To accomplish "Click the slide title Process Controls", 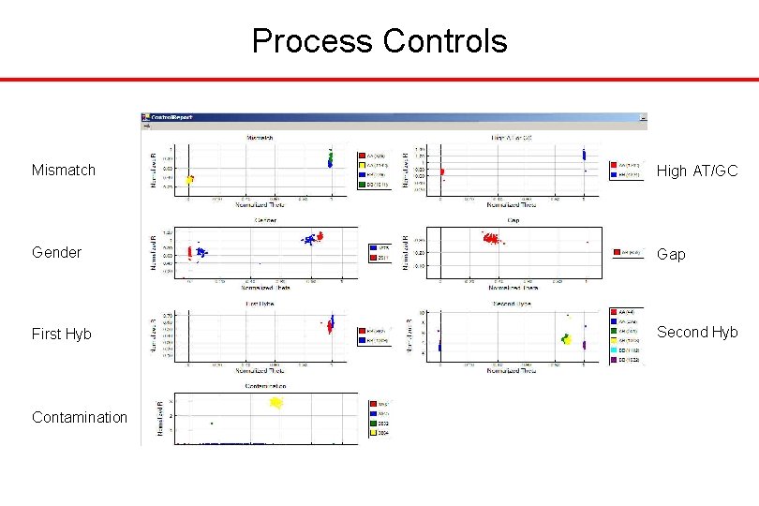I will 379,41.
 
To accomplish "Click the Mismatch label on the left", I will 64,170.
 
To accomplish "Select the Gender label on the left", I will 56,252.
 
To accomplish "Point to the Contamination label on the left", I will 80,417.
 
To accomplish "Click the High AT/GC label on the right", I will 697,170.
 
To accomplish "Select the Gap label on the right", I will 671,254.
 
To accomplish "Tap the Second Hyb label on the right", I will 697,332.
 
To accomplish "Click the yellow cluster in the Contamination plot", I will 276,402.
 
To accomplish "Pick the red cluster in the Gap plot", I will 490,239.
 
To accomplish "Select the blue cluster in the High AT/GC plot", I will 583,155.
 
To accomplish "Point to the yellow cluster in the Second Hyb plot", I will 566,339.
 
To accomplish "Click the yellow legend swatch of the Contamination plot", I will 361,433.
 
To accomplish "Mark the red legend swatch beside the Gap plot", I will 614,252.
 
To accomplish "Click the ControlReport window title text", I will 171,118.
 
